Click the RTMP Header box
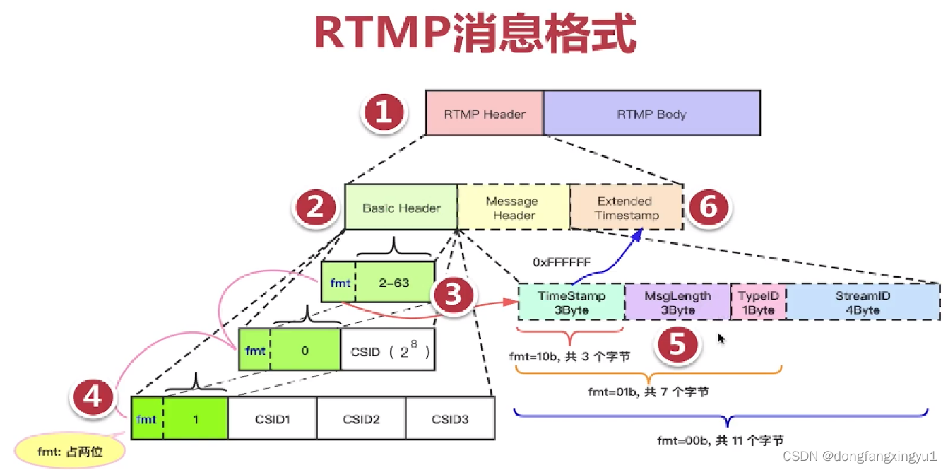point(484,113)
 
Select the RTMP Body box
point(651,113)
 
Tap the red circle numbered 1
point(384,113)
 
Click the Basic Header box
point(401,208)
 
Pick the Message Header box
point(514,208)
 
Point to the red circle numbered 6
point(709,208)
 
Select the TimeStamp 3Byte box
point(571,302)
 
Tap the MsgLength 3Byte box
point(677,302)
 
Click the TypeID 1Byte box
point(757,302)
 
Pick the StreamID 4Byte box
point(862,302)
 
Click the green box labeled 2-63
point(394,282)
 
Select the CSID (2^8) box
point(387,350)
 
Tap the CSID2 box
point(361,419)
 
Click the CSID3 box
point(450,419)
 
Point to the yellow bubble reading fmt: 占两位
point(70,450)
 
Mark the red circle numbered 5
point(677,345)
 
